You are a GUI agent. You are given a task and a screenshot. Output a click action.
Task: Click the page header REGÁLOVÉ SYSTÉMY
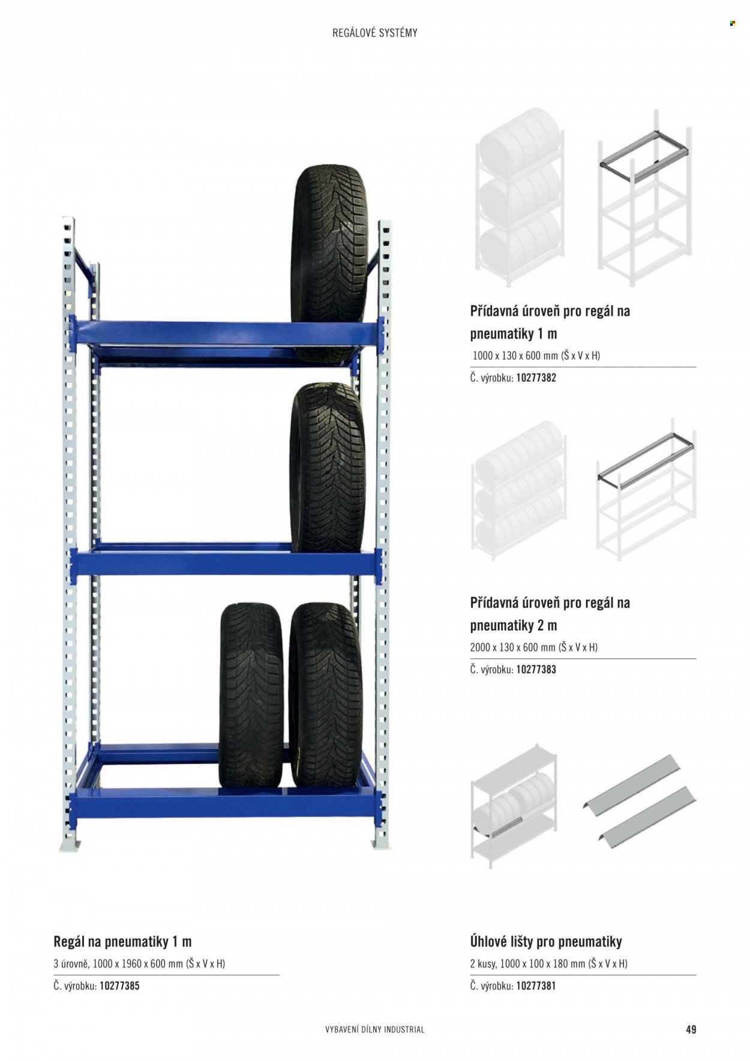[375, 33]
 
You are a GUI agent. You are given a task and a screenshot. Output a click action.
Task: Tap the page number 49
[691, 1029]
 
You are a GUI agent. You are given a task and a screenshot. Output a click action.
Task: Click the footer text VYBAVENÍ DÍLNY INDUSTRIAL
[375, 1029]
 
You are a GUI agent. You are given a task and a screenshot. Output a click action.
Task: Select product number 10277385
[119, 985]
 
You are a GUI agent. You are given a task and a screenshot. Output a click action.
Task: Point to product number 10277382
[536, 377]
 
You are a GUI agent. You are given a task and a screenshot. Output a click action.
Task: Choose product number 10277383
[536, 669]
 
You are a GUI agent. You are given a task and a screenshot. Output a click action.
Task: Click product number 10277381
[536, 985]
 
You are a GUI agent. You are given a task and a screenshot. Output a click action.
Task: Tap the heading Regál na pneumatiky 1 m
[122, 942]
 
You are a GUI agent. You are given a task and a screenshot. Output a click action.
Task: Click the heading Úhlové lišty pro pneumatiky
[546, 942]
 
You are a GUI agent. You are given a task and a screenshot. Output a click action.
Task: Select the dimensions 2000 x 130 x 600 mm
[513, 647]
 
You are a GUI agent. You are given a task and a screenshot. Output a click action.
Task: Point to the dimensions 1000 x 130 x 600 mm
[515, 355]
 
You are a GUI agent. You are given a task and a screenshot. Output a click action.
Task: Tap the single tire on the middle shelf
[328, 468]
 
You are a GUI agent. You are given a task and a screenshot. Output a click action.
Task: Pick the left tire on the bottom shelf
[251, 695]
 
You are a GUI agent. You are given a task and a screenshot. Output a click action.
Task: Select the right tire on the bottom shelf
[326, 695]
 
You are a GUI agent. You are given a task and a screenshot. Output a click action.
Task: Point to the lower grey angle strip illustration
[647, 817]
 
